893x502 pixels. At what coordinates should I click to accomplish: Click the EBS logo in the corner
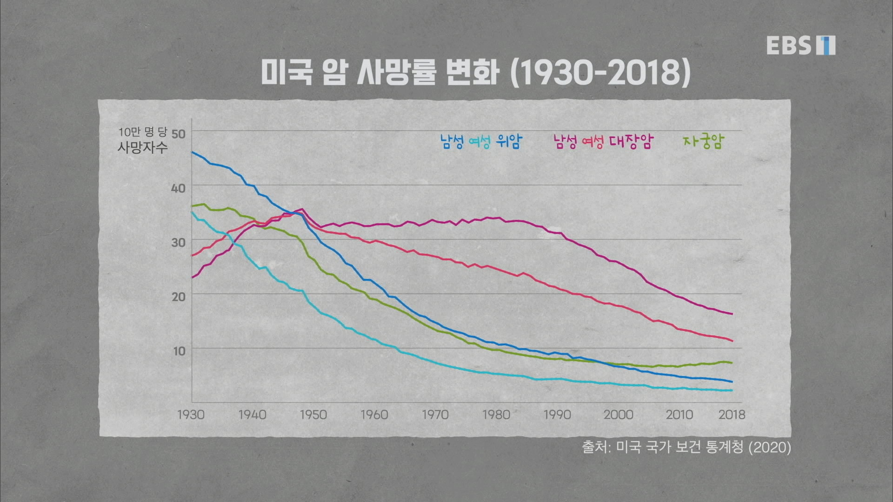click(x=800, y=45)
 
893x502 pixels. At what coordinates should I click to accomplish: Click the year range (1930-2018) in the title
click(x=600, y=73)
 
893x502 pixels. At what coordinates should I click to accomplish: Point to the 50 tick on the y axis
click(x=179, y=134)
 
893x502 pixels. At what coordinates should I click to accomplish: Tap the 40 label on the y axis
click(x=179, y=188)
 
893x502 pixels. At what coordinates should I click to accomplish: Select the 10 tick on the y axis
click(x=179, y=351)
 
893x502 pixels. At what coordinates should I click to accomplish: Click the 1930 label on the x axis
click(x=191, y=415)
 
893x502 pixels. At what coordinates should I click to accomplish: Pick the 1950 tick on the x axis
click(x=313, y=415)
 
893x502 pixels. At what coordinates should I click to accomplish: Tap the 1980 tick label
click(x=496, y=415)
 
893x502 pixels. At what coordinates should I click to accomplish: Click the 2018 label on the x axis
click(x=732, y=415)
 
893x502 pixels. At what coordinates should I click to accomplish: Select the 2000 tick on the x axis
click(x=618, y=415)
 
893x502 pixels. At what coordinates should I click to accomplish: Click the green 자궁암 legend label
click(x=703, y=141)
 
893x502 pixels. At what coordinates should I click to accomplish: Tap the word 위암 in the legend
click(x=509, y=141)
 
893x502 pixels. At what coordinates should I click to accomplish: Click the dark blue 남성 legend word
click(x=452, y=141)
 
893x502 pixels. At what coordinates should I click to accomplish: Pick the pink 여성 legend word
click(x=593, y=141)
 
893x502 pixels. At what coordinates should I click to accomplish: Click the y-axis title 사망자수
click(x=142, y=148)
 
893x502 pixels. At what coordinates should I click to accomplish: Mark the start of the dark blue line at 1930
click(x=192, y=152)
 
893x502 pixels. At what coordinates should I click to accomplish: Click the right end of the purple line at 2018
click(x=732, y=314)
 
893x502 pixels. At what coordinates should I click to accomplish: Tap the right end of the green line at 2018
click(x=732, y=363)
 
